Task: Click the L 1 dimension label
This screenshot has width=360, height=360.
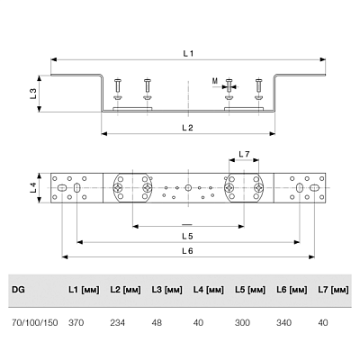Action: (188, 54)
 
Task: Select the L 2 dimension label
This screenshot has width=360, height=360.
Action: (187, 128)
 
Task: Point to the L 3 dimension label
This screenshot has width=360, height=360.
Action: (33, 94)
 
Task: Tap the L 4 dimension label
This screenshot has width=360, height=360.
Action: (33, 188)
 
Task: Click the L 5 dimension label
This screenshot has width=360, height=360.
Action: (187, 236)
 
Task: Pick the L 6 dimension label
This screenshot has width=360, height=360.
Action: (187, 251)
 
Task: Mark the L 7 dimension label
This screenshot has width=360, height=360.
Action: (244, 154)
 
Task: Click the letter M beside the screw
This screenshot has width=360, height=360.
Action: (215, 81)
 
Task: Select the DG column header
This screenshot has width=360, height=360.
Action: (18, 290)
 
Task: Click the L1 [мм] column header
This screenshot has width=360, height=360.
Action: (84, 290)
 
